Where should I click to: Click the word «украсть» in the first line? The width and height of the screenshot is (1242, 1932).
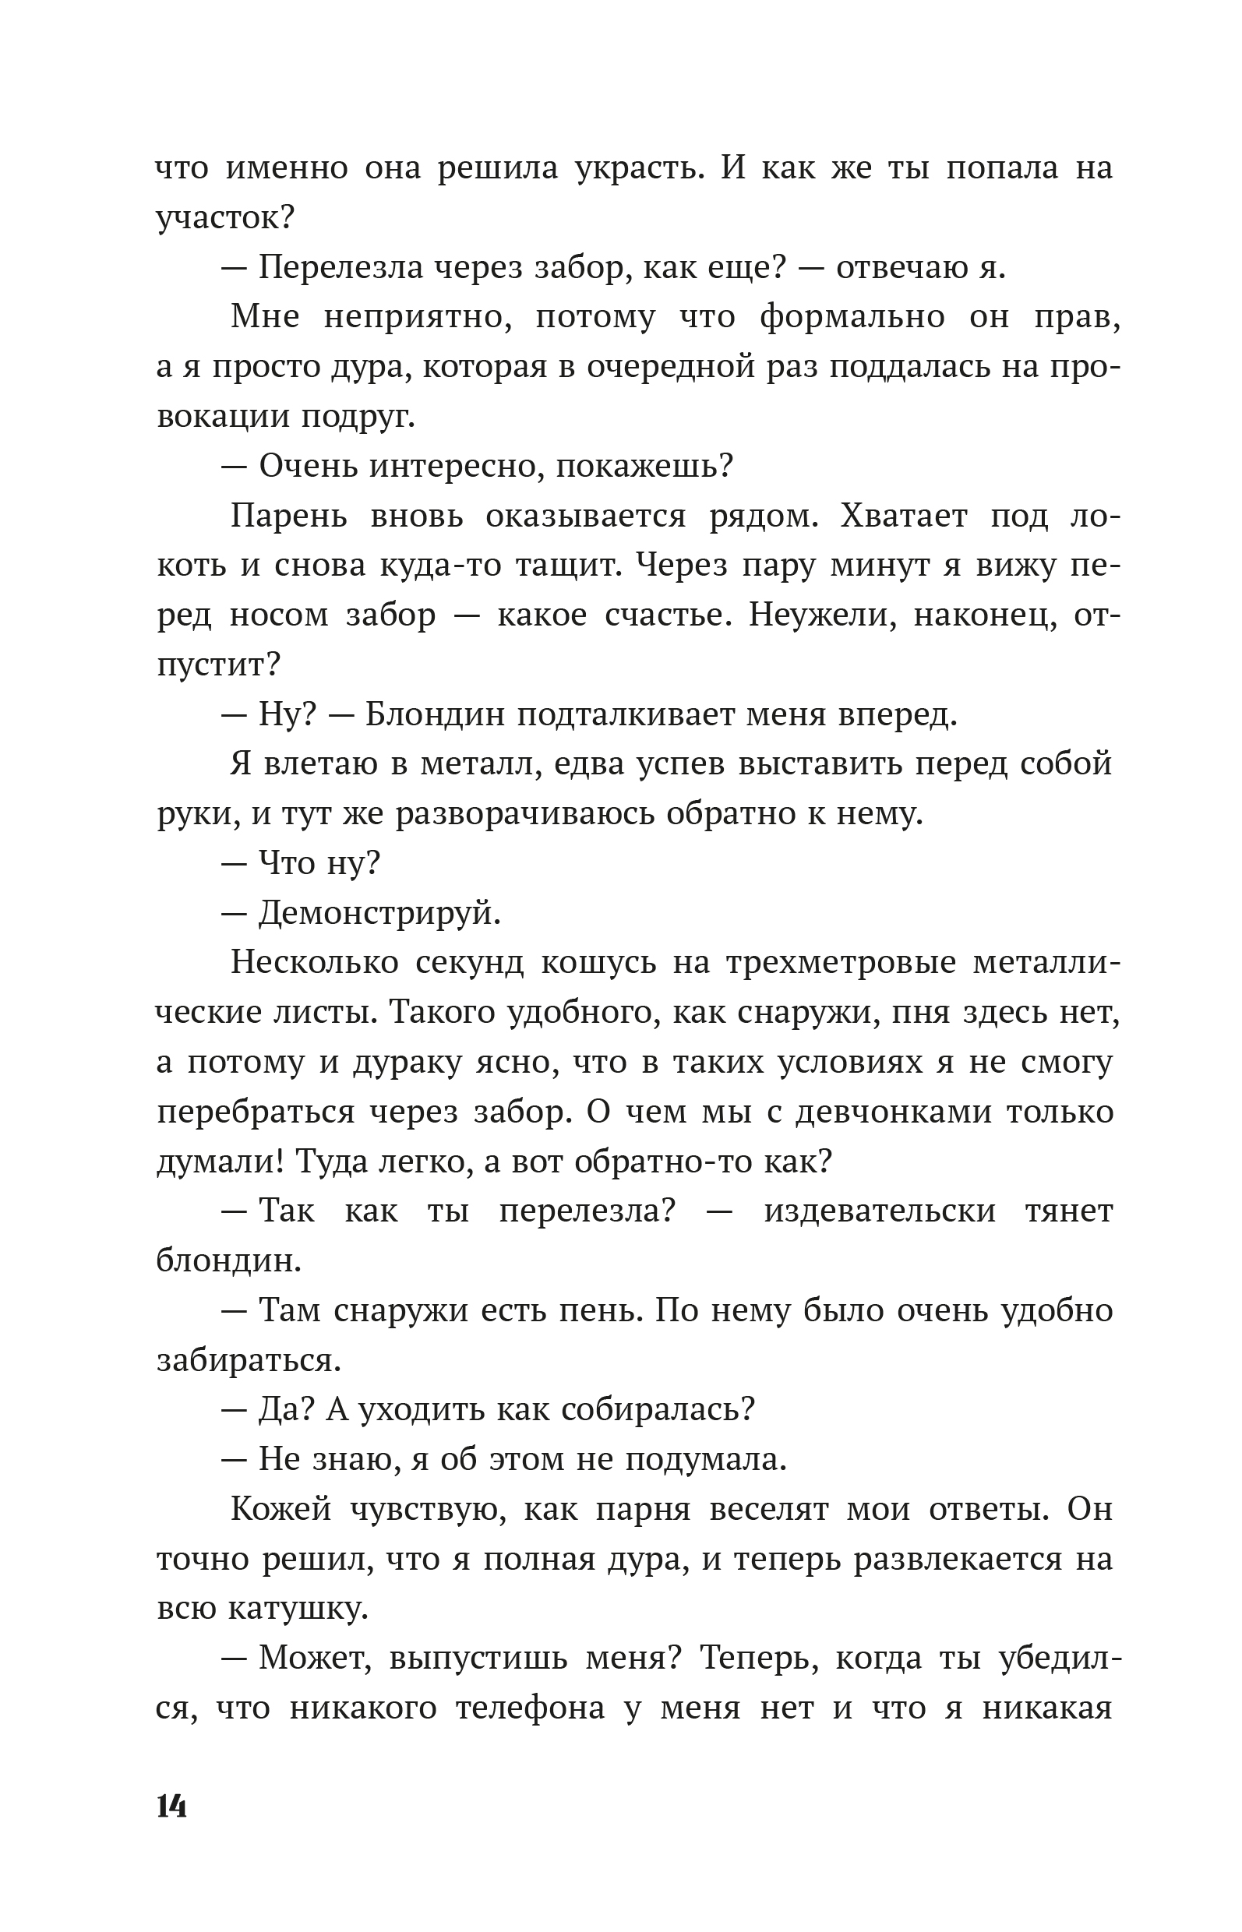(x=637, y=168)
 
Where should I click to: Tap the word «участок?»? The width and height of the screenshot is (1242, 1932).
(x=225, y=217)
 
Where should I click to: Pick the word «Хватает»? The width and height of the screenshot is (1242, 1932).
(x=903, y=515)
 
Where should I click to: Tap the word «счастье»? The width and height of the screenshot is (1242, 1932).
(x=665, y=615)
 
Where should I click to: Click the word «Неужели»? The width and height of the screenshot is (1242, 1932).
(x=822, y=615)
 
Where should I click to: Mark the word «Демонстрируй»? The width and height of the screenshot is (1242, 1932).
(x=379, y=914)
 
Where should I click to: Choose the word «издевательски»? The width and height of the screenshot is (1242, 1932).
(x=879, y=1212)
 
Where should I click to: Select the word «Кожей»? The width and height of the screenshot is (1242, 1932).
(x=281, y=1509)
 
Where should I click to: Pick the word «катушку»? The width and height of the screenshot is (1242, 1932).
(x=298, y=1609)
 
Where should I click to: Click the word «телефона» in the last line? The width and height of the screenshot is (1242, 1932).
(x=530, y=1708)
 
